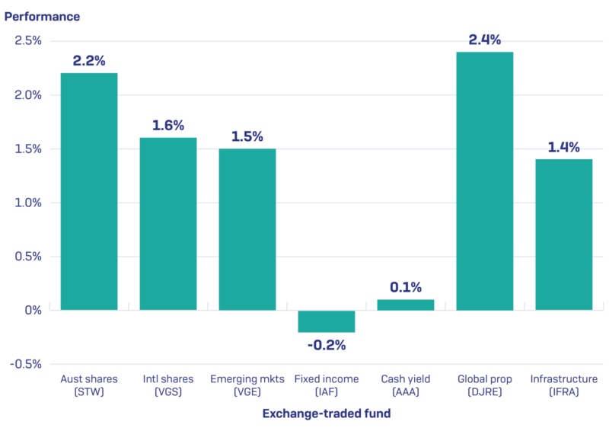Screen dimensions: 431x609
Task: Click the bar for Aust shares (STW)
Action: pyautogui.click(x=89, y=191)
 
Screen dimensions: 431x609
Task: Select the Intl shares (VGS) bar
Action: pyautogui.click(x=168, y=224)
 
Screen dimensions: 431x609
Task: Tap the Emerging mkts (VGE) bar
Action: pyautogui.click(x=247, y=229)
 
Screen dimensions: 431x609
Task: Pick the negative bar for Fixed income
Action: pyautogui.click(x=327, y=321)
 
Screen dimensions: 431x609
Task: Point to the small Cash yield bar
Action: pyautogui.click(x=406, y=305)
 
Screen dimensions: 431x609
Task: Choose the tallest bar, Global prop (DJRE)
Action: pyautogui.click(x=485, y=180)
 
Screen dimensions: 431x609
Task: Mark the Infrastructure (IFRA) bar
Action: pyautogui.click(x=564, y=235)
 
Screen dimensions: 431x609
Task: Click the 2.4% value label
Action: pyautogui.click(x=485, y=40)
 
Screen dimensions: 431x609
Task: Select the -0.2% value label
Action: pyautogui.click(x=327, y=345)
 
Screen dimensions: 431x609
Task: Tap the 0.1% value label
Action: pyautogui.click(x=406, y=287)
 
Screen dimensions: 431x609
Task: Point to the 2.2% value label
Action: pyautogui.click(x=89, y=61)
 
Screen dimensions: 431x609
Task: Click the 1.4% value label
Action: pyautogui.click(x=564, y=147)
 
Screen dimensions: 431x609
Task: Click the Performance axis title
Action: pyautogui.click(x=43, y=16)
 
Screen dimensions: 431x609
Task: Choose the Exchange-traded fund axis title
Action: pyautogui.click(x=327, y=413)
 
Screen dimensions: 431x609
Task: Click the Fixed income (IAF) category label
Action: pyautogui.click(x=327, y=385)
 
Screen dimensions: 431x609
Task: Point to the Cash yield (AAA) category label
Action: pyautogui.click(x=406, y=385)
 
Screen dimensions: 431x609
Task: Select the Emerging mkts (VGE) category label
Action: pyautogui.click(x=247, y=385)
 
